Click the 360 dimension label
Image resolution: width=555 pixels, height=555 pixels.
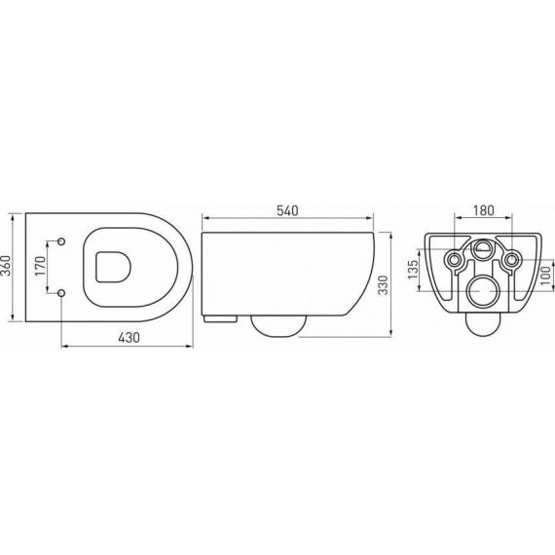7,266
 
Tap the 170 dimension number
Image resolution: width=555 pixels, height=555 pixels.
41,266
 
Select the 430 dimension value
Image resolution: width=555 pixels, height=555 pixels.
129,337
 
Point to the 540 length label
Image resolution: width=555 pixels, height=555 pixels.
287,211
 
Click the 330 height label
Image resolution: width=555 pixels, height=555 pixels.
384,285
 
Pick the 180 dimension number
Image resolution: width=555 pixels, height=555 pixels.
483,210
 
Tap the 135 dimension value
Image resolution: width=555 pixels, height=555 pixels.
413,270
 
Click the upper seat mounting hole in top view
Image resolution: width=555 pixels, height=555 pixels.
61,241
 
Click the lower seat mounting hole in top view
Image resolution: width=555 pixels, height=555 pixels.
61,293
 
